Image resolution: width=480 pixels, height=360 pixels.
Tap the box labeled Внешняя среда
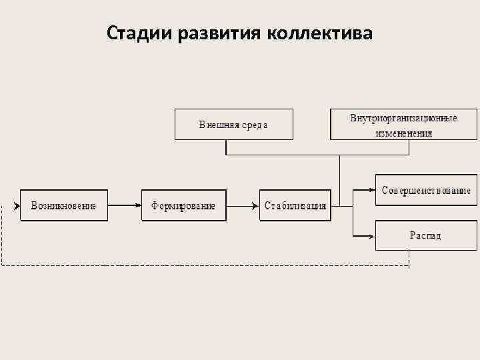[x=233, y=125]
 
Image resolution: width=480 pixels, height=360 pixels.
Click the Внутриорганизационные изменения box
[x=403, y=125]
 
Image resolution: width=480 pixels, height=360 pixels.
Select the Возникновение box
[x=64, y=205]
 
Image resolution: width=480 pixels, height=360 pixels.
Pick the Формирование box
[x=183, y=205]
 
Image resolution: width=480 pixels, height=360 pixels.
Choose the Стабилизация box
[x=295, y=205]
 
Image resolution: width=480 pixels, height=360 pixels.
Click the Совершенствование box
[x=426, y=190]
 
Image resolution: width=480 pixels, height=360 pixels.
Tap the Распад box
[x=426, y=235]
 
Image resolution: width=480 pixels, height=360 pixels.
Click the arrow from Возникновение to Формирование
[x=125, y=205]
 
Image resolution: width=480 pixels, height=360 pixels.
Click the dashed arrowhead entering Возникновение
[x=17, y=205]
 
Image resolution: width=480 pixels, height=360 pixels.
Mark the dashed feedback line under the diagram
[x=200, y=265]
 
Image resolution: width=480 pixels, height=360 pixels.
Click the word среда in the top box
[x=254, y=125]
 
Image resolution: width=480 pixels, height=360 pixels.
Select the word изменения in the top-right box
[x=403, y=133]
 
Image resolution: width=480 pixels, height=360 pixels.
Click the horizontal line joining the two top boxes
[x=300, y=155]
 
